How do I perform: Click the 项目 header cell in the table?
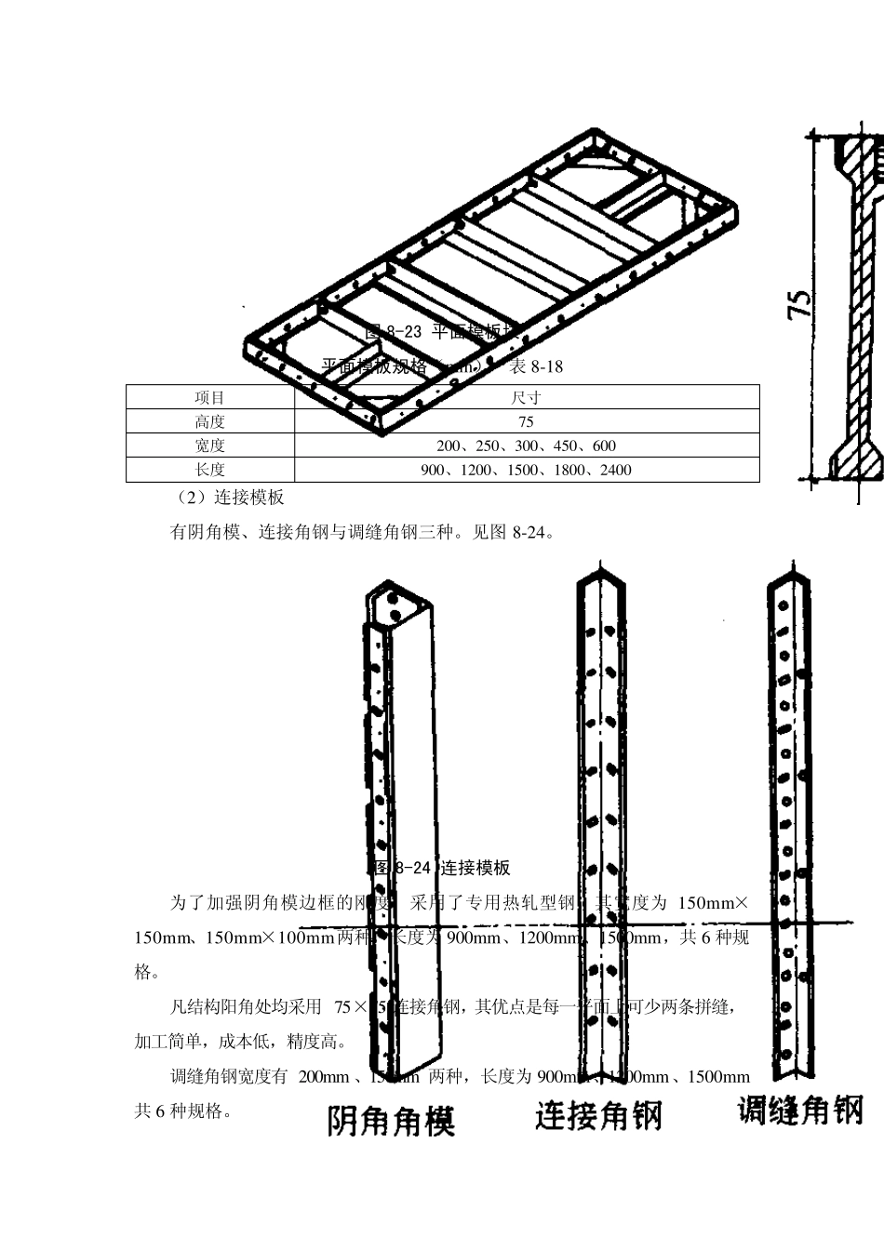(210, 398)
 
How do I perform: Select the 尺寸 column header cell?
(526, 398)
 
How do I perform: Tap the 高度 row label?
(210, 422)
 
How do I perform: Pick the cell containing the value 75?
(526, 422)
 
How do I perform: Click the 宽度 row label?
(210, 446)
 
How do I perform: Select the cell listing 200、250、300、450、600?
(526, 446)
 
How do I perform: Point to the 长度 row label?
(210, 471)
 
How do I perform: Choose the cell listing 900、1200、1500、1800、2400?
(526, 471)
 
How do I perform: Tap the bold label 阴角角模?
(391, 1121)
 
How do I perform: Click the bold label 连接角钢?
(597, 1114)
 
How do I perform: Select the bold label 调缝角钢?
(799, 1110)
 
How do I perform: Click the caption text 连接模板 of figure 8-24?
(475, 869)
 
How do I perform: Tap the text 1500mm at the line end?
(718, 1077)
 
